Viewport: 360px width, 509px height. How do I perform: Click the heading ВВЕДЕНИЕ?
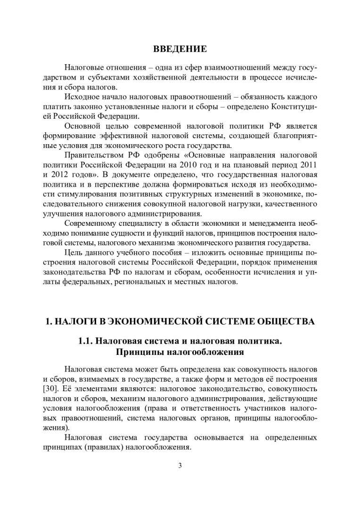point(180,49)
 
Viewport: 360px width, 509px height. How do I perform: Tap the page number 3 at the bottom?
point(180,466)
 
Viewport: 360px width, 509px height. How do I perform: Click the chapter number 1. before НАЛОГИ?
point(48,322)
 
